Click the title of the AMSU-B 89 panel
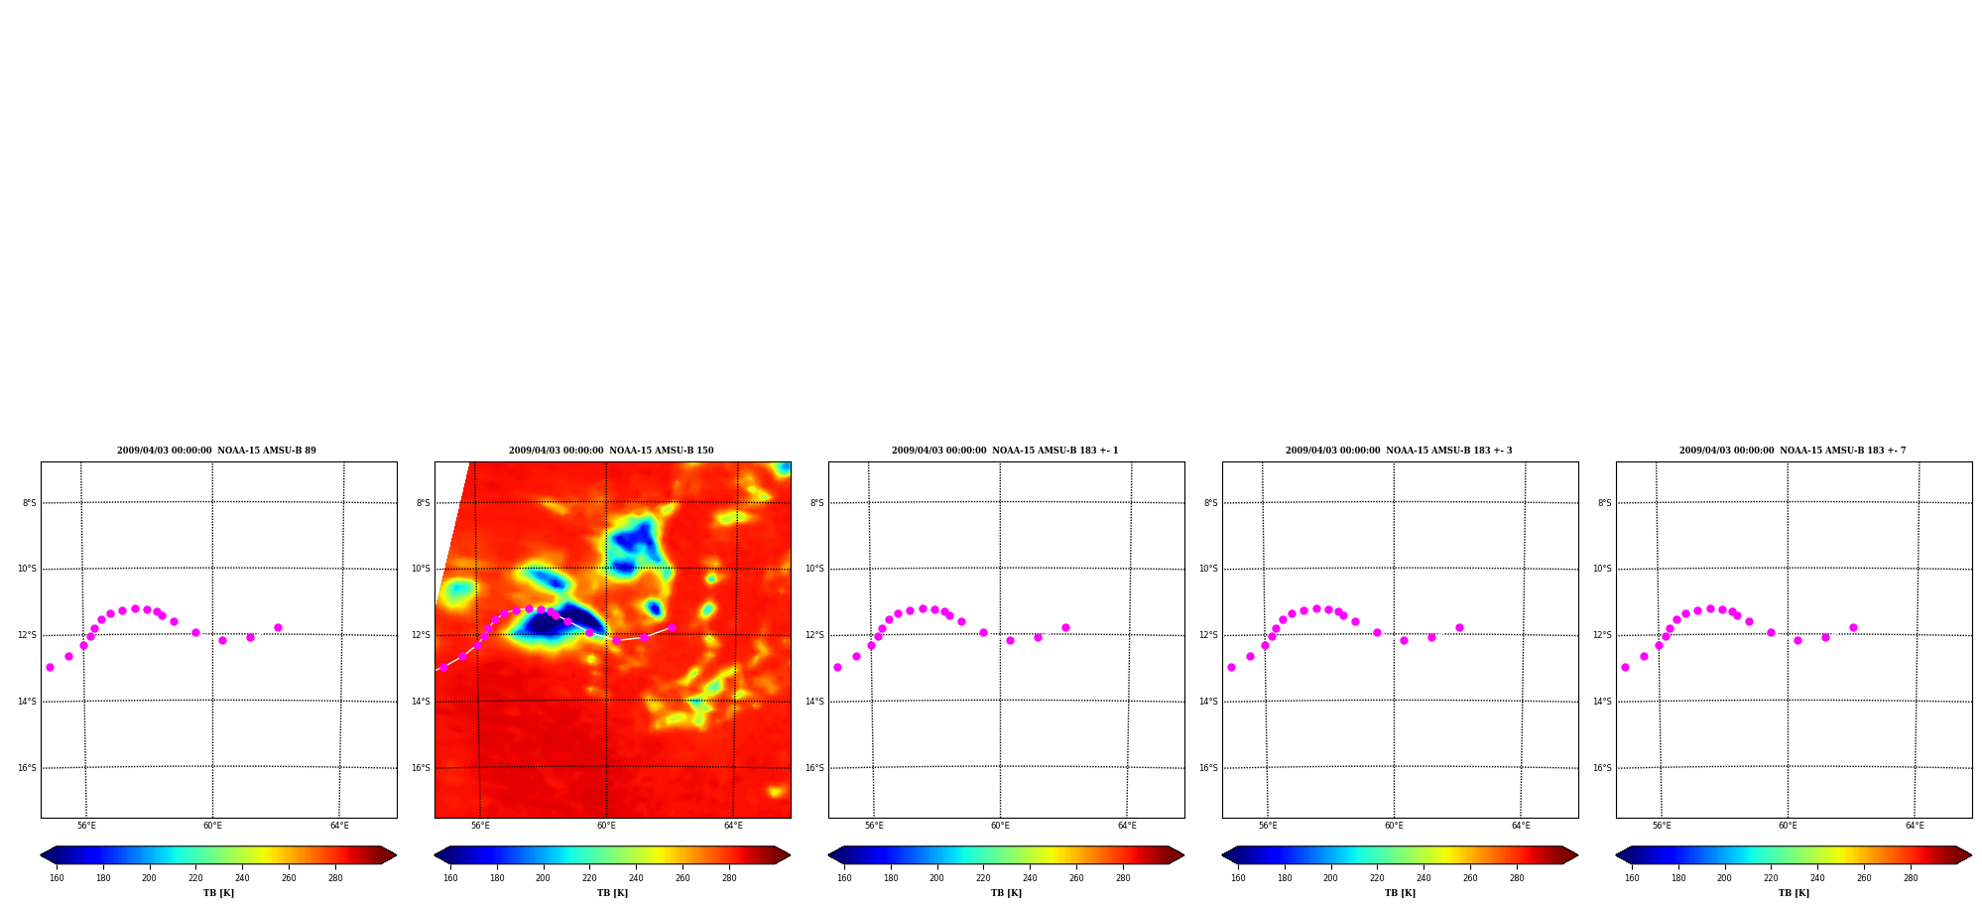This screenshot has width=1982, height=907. [x=216, y=451]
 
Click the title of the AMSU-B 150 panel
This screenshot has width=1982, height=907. [x=611, y=451]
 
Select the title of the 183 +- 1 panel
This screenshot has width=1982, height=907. [x=1005, y=451]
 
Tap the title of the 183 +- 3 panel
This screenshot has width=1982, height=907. [x=1399, y=451]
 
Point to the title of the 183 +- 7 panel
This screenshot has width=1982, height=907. [x=1793, y=451]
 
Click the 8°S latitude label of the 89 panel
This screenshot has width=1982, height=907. [x=30, y=503]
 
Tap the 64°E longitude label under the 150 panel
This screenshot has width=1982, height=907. [x=733, y=826]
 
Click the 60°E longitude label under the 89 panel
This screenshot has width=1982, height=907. [x=212, y=826]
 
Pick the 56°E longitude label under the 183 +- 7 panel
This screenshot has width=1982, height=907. [x=1662, y=826]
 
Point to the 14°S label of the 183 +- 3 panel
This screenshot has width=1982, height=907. [x=1208, y=702]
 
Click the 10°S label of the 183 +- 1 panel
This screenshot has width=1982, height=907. [x=814, y=569]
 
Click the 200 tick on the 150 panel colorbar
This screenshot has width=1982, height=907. [x=543, y=878]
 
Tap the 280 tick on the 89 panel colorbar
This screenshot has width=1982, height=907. [x=335, y=878]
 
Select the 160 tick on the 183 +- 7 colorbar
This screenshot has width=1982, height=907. [x=1632, y=878]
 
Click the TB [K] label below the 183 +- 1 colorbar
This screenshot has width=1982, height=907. [x=1006, y=893]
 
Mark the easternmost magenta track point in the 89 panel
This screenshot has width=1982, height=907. [x=278, y=627]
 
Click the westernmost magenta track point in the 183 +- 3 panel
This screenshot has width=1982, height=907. [x=1231, y=667]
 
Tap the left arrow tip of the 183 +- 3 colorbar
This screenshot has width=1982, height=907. [x=1222, y=855]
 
